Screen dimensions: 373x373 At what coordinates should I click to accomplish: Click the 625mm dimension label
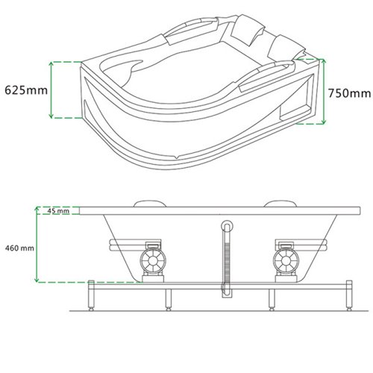click(25, 90)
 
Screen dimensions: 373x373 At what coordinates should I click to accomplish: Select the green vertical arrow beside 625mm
click(51, 90)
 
